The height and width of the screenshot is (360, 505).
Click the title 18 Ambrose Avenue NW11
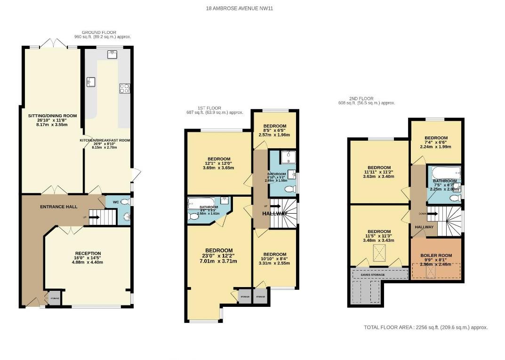point(239,8)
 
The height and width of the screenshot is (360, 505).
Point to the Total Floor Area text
point(425,328)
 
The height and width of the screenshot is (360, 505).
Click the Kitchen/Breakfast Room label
point(104,140)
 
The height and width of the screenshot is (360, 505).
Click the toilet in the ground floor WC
point(124,202)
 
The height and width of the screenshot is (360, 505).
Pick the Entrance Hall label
point(59,207)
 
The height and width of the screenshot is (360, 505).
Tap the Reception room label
point(88,254)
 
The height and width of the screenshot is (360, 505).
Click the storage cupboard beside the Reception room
point(54,297)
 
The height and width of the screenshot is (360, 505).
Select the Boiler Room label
point(435,256)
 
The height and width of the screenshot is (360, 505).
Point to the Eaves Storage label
point(373,274)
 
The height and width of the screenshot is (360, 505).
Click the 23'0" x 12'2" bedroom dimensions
point(218,256)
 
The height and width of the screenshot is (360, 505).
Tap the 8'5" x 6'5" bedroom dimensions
point(274,131)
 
